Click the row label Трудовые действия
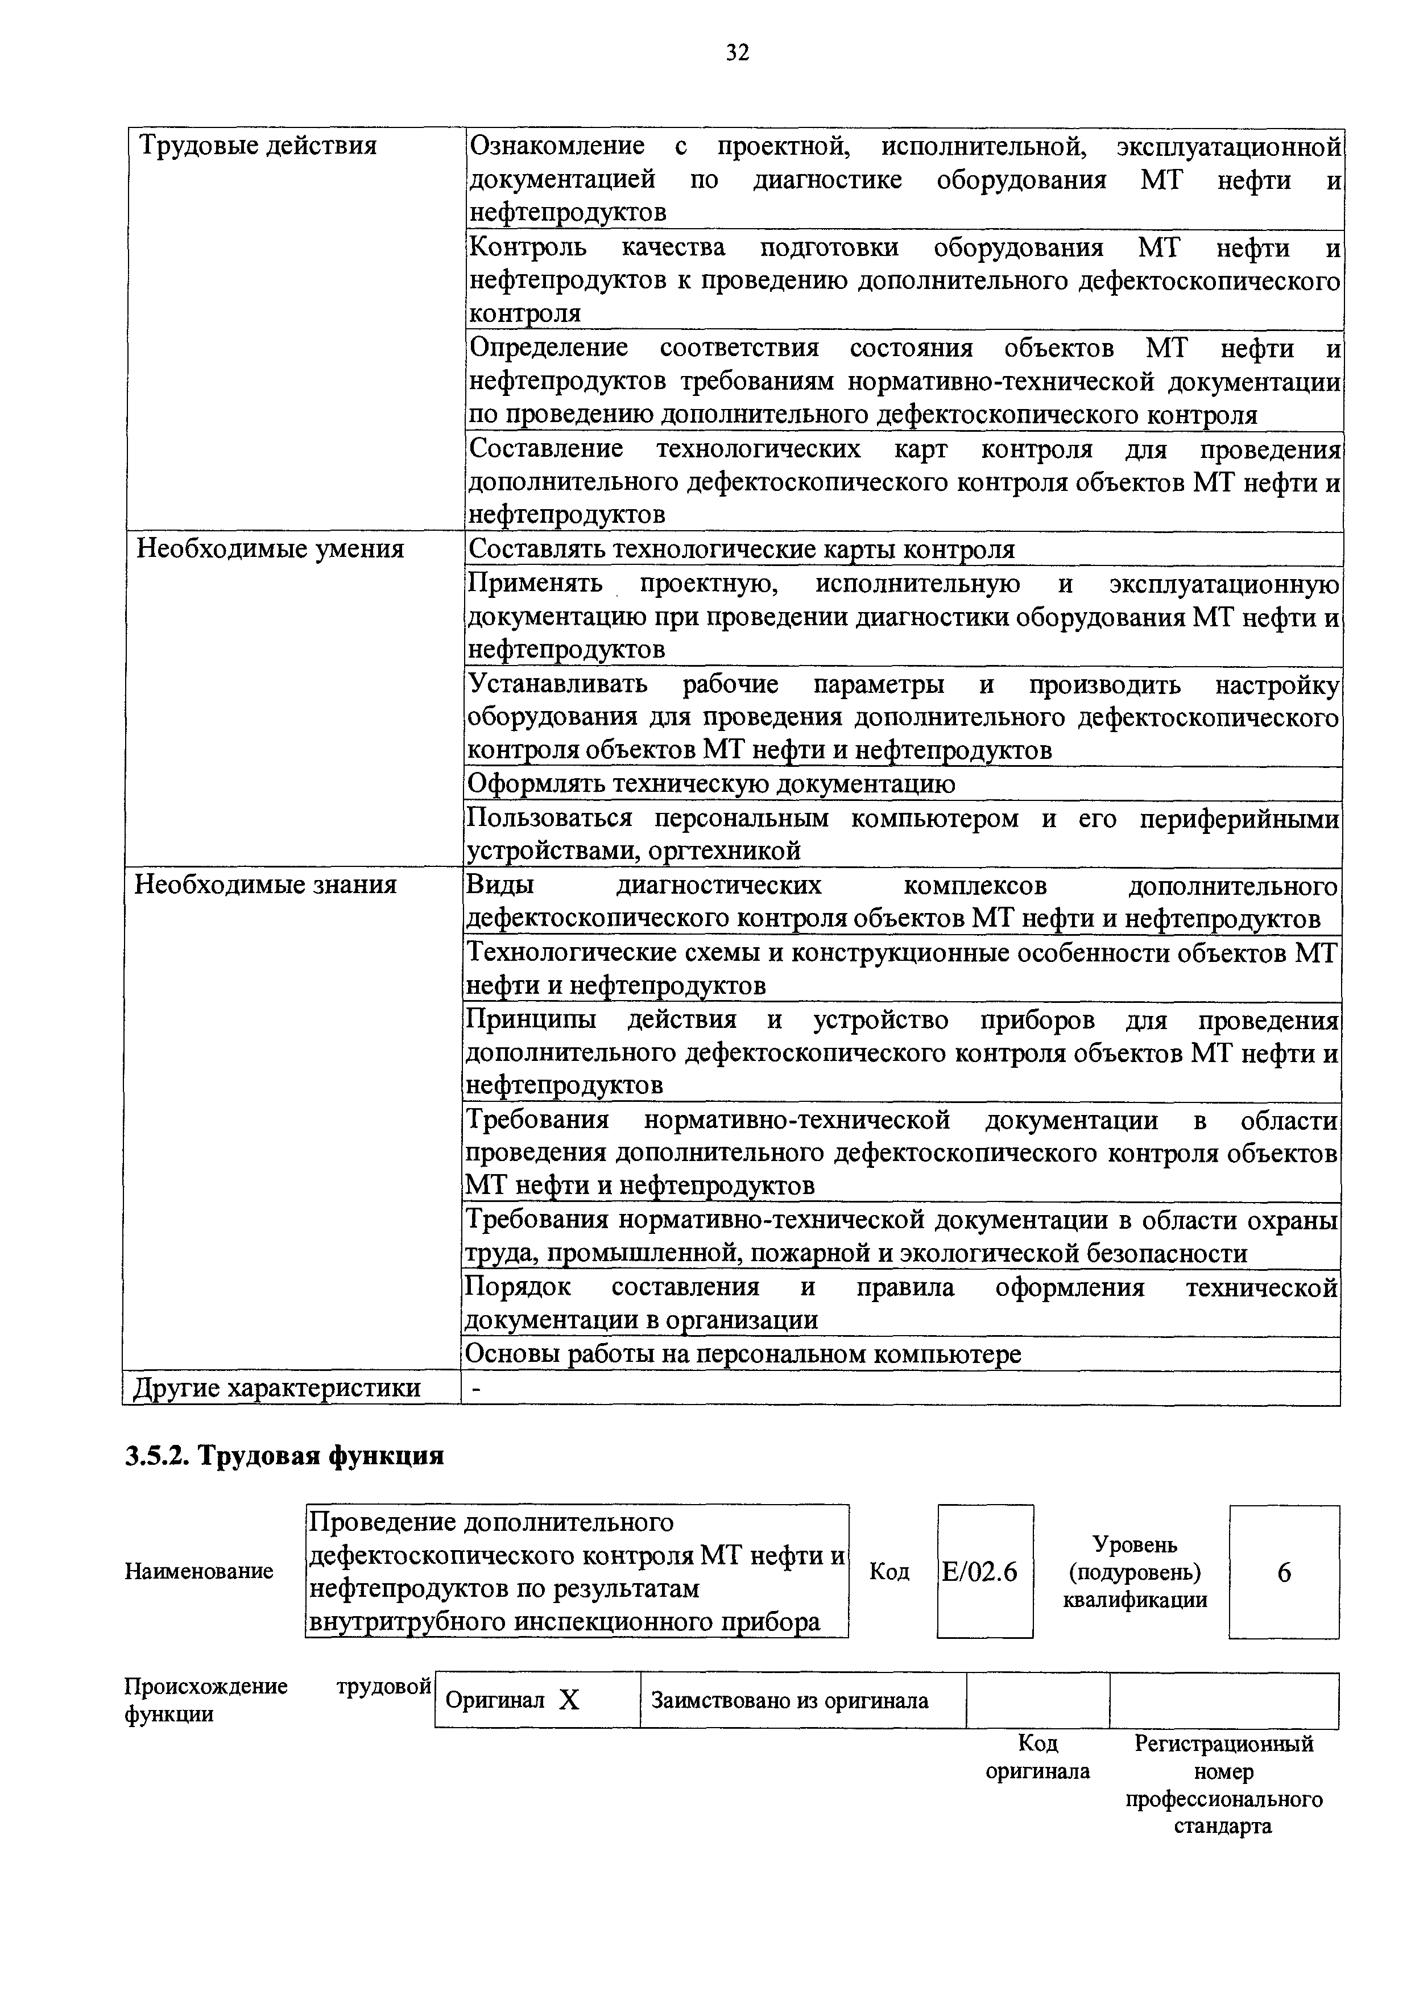click(x=258, y=145)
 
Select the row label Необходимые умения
click(x=270, y=549)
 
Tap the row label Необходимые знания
click(x=265, y=885)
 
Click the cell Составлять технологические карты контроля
click(x=741, y=549)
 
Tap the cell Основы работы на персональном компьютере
click(x=743, y=1354)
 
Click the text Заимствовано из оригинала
click(x=790, y=1700)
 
